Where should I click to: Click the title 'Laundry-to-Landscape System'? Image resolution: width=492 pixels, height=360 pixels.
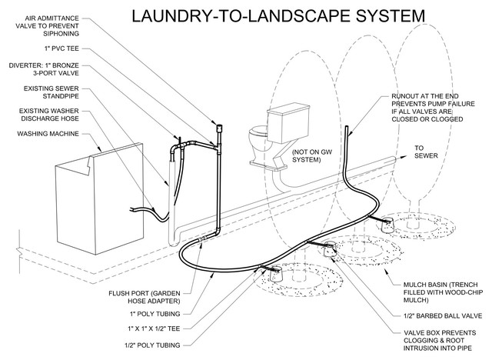[278, 15]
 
